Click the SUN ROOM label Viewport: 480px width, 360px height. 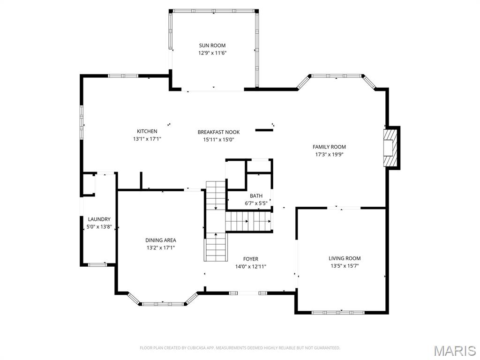point(212,45)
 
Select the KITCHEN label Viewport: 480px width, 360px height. point(147,131)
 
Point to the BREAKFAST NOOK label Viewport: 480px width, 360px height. point(218,132)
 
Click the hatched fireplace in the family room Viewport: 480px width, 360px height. point(390,148)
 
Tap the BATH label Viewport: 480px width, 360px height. point(256,196)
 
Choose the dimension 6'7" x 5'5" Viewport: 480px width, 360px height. point(256,203)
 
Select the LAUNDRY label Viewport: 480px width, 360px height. point(99,219)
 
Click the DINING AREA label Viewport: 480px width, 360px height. point(160,240)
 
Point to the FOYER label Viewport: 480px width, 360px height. point(250,259)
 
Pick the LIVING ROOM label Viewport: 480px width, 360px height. point(344,258)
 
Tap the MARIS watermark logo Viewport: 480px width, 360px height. point(454,351)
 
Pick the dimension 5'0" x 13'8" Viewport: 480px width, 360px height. point(99,226)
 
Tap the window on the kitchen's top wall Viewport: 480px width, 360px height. point(123,75)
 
